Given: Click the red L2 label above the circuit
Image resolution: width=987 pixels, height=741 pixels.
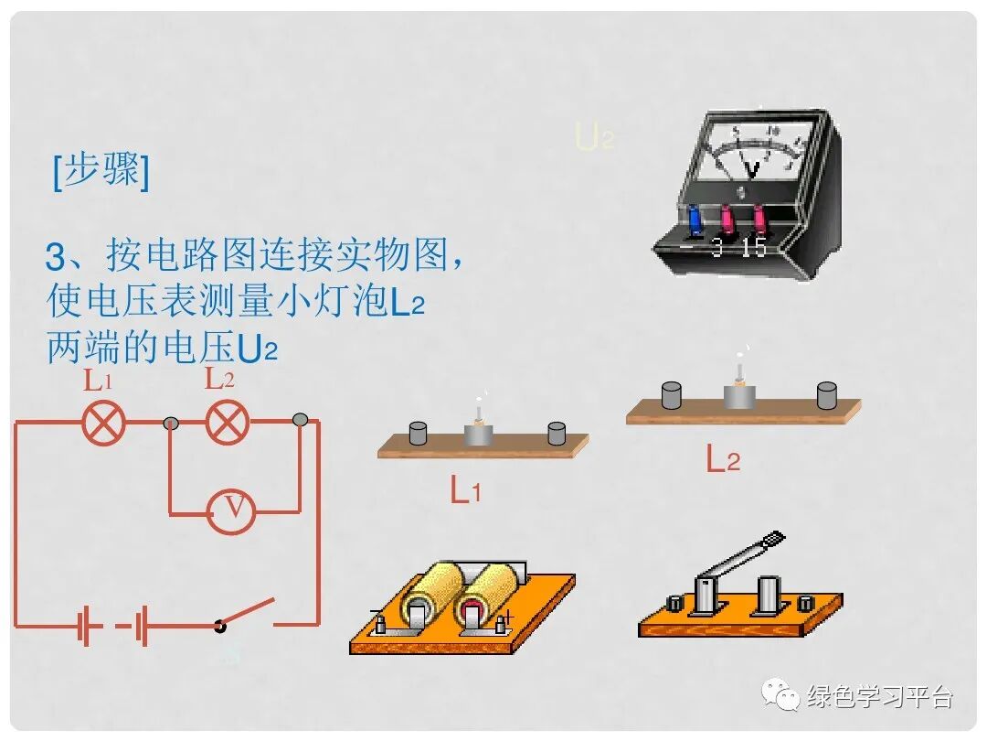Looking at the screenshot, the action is click(x=219, y=379).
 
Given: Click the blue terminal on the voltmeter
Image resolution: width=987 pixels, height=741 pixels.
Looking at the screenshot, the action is click(x=695, y=220).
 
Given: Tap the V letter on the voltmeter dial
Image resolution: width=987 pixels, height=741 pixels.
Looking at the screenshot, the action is click(x=752, y=169).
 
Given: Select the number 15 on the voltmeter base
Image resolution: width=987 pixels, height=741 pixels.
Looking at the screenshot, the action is click(x=755, y=248).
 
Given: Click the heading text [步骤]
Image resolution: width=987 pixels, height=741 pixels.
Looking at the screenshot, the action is click(x=101, y=170).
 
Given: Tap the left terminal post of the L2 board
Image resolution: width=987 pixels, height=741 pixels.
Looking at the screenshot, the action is click(x=674, y=395).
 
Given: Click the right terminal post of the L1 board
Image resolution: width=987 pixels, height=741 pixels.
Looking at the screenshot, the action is click(x=557, y=434).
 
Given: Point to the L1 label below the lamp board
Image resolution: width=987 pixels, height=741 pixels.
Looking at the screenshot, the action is click(x=465, y=491).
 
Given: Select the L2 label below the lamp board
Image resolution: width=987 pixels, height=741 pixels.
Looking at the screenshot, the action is click(x=722, y=459).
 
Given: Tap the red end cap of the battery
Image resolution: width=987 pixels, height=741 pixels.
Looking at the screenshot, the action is click(x=473, y=610).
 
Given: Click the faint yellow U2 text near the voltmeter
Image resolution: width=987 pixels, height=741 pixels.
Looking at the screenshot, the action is click(x=594, y=137).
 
